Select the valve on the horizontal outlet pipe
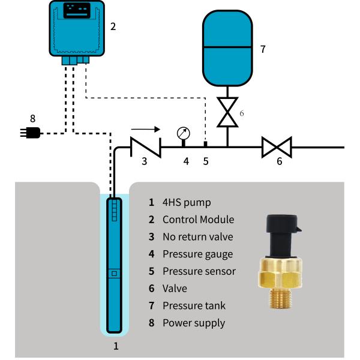coord(277,147)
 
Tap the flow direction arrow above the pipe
coord(146,128)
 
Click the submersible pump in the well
coord(114,264)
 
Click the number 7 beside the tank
coord(263,49)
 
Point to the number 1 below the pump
coord(116,346)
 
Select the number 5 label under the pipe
coord(205,161)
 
